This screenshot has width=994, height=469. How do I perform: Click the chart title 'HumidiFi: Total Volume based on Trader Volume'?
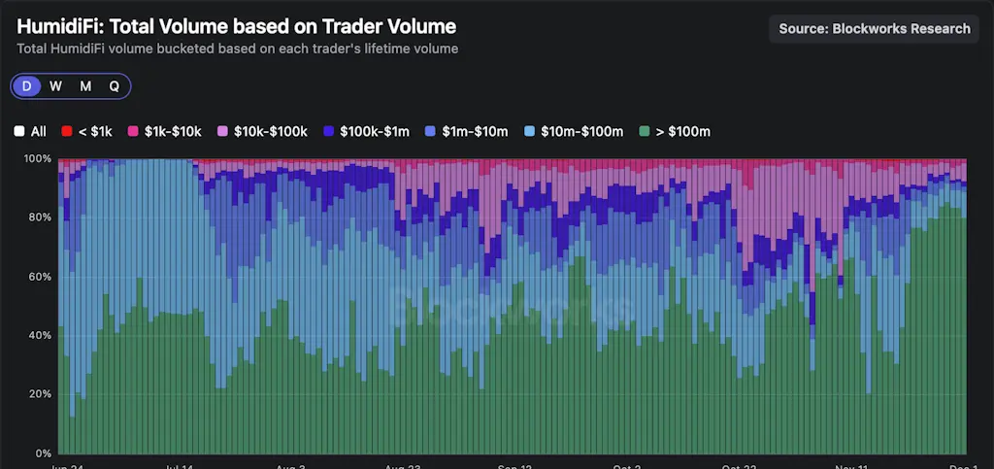tap(236, 27)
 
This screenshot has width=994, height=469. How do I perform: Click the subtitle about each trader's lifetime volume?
tap(238, 48)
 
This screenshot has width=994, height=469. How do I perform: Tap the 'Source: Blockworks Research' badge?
tap(874, 28)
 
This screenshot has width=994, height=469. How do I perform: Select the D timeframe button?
tap(27, 85)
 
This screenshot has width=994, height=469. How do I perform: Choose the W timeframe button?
tap(56, 85)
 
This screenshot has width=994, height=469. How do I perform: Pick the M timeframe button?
tap(85, 85)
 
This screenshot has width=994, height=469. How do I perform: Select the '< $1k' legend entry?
tap(86, 131)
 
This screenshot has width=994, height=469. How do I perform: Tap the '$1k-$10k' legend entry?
tap(164, 131)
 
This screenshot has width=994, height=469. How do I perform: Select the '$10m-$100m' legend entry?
tap(573, 131)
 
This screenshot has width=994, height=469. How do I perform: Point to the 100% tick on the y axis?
tap(38, 158)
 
